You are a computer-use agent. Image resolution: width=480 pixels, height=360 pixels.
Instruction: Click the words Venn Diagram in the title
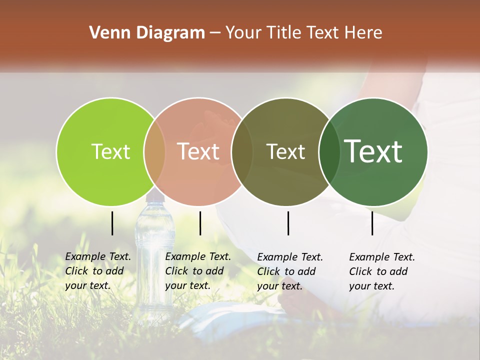(x=147, y=33)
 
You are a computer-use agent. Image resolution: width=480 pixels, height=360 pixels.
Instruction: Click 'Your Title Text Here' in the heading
(x=303, y=33)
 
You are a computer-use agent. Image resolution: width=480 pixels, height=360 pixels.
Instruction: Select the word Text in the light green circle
(x=110, y=151)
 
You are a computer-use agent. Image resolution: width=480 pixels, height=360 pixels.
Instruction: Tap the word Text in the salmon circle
(x=198, y=151)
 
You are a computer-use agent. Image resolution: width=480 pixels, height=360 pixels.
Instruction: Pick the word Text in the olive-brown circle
(x=285, y=151)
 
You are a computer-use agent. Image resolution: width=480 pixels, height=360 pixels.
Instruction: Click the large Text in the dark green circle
(x=373, y=151)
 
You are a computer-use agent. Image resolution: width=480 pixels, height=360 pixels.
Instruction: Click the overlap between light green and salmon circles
(x=154, y=151)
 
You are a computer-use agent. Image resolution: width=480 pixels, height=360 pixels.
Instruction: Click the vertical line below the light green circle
(x=112, y=223)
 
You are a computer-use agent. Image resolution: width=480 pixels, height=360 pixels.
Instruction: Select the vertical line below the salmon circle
(x=200, y=223)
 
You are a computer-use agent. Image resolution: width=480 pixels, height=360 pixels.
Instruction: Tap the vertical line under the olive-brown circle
(x=288, y=223)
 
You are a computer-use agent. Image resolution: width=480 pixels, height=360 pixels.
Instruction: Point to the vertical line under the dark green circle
(x=372, y=223)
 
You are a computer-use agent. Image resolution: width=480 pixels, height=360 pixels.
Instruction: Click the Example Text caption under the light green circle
(x=97, y=271)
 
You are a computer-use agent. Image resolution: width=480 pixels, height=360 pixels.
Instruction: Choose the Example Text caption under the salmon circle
(x=197, y=271)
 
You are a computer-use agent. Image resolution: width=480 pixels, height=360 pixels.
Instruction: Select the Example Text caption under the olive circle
(x=289, y=271)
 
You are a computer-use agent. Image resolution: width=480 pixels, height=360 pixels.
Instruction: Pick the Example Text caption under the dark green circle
(x=381, y=271)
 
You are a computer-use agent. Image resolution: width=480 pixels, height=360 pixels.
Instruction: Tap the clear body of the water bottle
(x=154, y=260)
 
